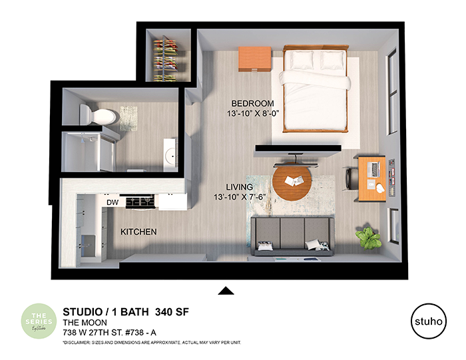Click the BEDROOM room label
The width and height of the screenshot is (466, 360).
tap(252, 104)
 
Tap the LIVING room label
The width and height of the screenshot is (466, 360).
tap(240, 188)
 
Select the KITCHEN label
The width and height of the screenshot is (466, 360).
tap(138, 232)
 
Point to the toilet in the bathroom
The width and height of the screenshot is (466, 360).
tap(100, 115)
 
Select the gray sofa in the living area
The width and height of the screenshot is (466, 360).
tap(291, 236)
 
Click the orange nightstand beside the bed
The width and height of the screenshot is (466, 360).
tap(255, 59)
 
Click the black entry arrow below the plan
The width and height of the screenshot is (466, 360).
tap(227, 289)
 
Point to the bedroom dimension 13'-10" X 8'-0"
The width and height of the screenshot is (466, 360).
tap(252, 114)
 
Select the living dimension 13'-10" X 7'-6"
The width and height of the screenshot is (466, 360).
tap(240, 198)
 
